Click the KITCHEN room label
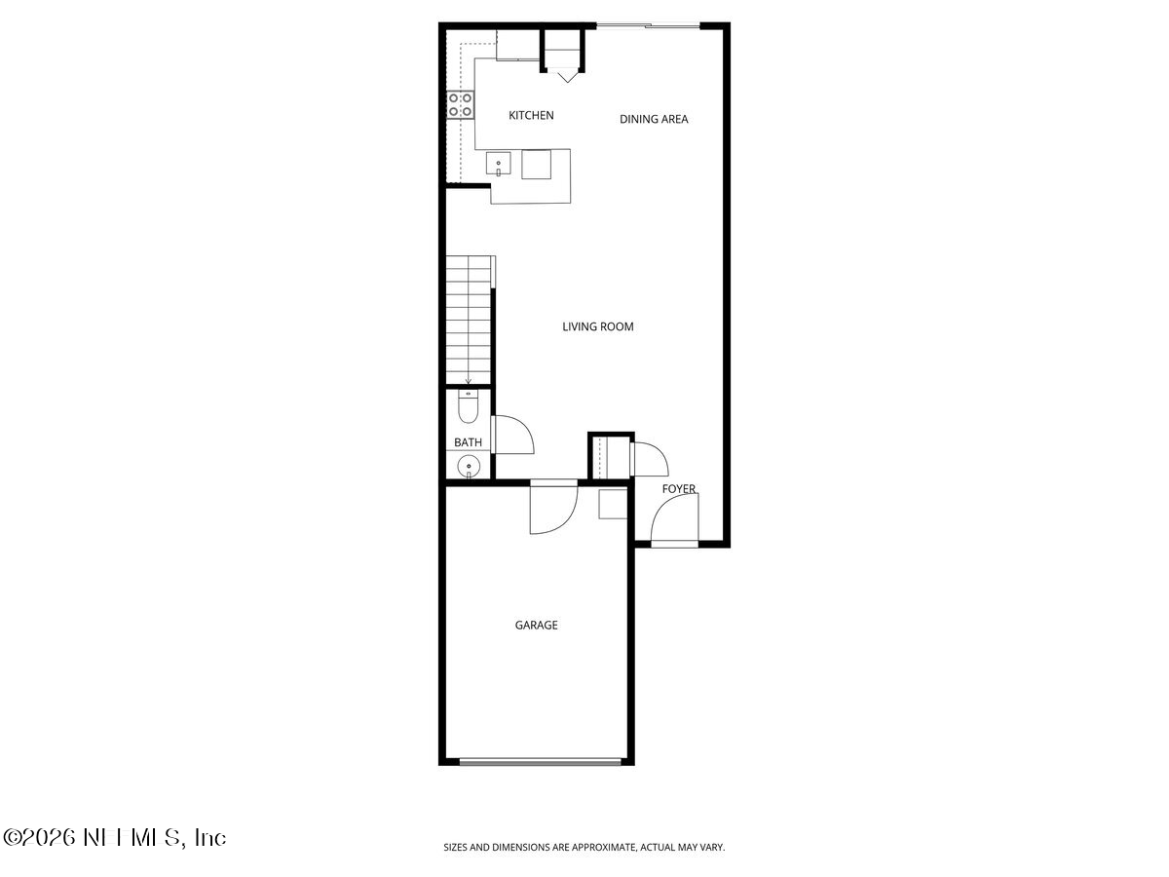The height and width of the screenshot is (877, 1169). click(x=531, y=116)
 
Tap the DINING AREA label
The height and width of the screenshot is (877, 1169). click(x=654, y=120)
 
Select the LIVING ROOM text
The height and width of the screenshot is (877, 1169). click(x=597, y=327)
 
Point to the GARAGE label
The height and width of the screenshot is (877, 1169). click(x=536, y=626)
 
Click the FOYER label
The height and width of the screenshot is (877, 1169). click(x=679, y=489)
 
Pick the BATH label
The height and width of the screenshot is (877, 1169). click(x=468, y=443)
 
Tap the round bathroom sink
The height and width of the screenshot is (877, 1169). click(x=470, y=467)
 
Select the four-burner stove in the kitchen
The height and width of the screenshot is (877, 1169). click(x=461, y=105)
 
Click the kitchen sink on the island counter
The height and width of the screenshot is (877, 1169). click(x=500, y=165)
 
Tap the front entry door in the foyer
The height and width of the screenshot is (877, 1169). click(x=674, y=521)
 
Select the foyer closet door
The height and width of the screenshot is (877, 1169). click(x=646, y=459)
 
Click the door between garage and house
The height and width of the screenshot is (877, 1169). click(x=552, y=509)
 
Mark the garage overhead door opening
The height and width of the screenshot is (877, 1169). click(x=541, y=762)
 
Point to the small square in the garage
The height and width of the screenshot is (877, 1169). click(x=612, y=504)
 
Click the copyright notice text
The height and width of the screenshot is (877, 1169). click(x=115, y=837)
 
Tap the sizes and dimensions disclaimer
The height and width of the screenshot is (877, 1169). click(x=584, y=848)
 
